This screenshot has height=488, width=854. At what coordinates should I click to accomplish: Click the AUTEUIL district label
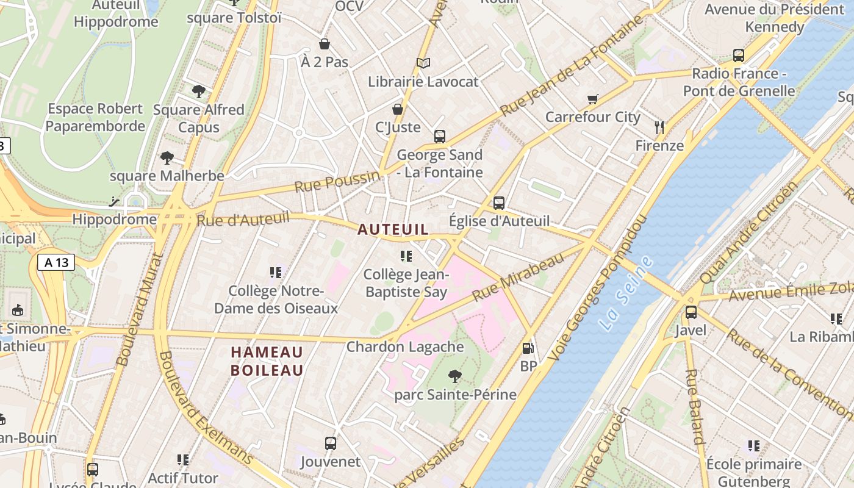(393, 229)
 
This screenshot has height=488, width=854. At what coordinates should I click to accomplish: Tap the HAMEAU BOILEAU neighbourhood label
(267, 361)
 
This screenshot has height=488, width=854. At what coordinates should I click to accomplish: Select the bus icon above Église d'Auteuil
(499, 203)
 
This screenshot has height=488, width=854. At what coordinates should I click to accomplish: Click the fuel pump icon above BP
(528, 348)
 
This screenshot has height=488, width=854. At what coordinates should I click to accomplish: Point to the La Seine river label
(626, 293)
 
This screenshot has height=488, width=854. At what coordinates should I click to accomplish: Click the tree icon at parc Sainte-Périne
(454, 376)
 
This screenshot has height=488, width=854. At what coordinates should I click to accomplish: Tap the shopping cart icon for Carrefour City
(592, 99)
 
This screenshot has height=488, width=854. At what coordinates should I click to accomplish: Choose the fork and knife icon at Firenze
(659, 127)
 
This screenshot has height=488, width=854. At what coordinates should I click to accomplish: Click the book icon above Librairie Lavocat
(423, 63)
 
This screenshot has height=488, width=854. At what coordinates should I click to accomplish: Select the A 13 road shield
(56, 262)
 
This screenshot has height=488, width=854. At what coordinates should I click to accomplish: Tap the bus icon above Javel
(691, 312)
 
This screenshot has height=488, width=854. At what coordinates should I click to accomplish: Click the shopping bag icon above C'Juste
(398, 109)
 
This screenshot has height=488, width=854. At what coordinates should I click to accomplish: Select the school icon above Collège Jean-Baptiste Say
(406, 256)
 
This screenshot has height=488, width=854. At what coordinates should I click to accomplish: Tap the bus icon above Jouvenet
(331, 443)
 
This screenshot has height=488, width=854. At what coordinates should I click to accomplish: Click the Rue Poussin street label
(337, 181)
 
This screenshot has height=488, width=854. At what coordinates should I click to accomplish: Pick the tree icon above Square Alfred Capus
(198, 91)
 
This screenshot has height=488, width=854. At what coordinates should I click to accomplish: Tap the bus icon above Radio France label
(739, 56)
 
